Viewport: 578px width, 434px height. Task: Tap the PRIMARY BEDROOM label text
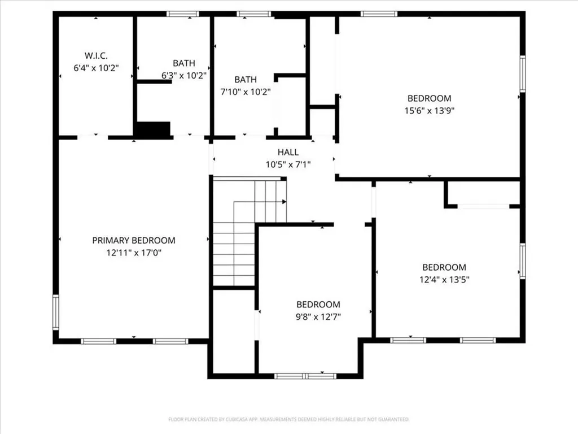click(x=134, y=240)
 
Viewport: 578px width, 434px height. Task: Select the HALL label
click(x=288, y=152)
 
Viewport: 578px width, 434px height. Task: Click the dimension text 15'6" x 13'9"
click(x=430, y=111)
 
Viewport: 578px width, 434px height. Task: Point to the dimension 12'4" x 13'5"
click(x=444, y=279)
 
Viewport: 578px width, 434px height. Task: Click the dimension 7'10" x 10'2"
click(x=246, y=92)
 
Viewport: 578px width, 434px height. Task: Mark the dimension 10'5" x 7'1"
click(x=288, y=164)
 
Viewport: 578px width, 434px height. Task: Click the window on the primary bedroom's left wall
click(x=55, y=312)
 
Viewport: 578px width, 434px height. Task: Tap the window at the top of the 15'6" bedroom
click(x=379, y=14)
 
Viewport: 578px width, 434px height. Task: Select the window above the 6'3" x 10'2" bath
click(x=183, y=14)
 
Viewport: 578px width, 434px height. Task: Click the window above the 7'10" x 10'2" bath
click(x=253, y=14)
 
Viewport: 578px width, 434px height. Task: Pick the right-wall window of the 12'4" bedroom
click(x=522, y=261)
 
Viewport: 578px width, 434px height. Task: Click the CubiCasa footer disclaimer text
click(x=288, y=419)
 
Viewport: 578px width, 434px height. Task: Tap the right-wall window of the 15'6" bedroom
click(x=522, y=73)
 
